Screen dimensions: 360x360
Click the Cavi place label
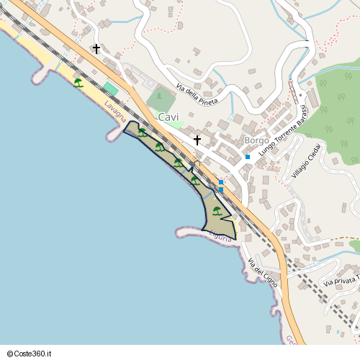click(x=168, y=117)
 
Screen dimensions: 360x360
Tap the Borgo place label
click(x=256, y=140)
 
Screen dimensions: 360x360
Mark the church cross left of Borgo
click(x=197, y=140)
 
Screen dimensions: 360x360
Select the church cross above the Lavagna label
click(x=96, y=49)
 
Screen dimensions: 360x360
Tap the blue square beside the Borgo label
click(x=247, y=156)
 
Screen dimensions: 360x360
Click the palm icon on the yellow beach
click(x=78, y=83)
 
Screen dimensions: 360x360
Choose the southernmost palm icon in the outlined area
click(x=217, y=211)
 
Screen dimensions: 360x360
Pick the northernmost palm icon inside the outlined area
click(x=143, y=132)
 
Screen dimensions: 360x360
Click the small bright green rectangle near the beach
click(x=110, y=88)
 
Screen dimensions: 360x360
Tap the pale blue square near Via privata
click(x=337, y=331)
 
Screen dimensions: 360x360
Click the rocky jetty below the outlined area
click(x=189, y=232)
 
